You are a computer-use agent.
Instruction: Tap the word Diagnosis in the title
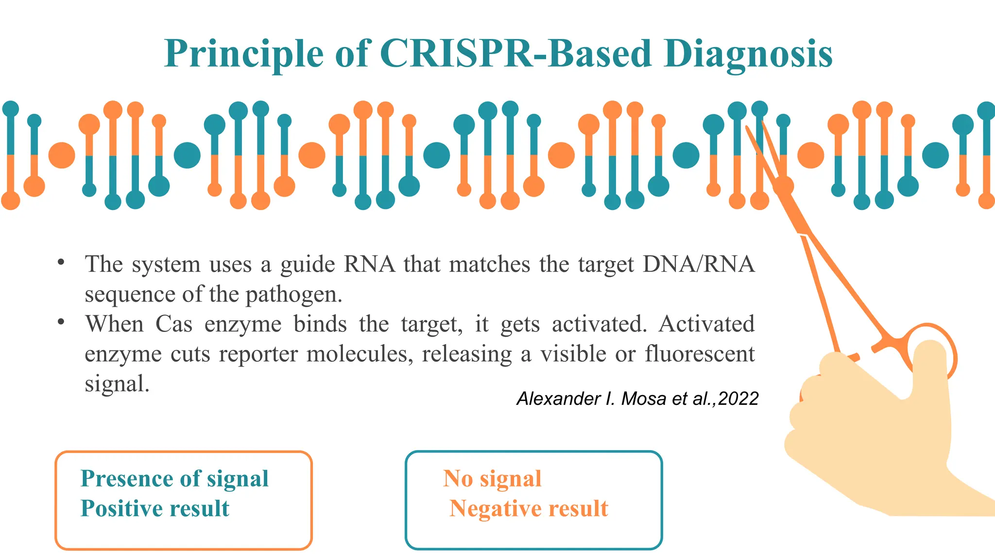[748, 54]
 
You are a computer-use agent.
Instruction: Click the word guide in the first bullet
[308, 265]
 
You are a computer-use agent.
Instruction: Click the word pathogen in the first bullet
[293, 295]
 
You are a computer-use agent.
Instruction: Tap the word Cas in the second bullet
[174, 324]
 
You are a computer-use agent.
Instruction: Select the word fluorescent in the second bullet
[700, 354]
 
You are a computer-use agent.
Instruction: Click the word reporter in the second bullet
[258, 354]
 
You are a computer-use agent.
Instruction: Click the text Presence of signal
[174, 479]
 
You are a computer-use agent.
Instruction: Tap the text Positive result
[154, 508]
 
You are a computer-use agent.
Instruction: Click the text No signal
[492, 479]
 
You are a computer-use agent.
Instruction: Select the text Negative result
[529, 508]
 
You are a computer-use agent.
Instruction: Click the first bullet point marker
[61, 263]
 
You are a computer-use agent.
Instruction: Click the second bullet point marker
[61, 322]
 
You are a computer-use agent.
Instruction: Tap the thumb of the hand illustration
[930, 369]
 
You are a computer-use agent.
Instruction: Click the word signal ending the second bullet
[117, 384]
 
